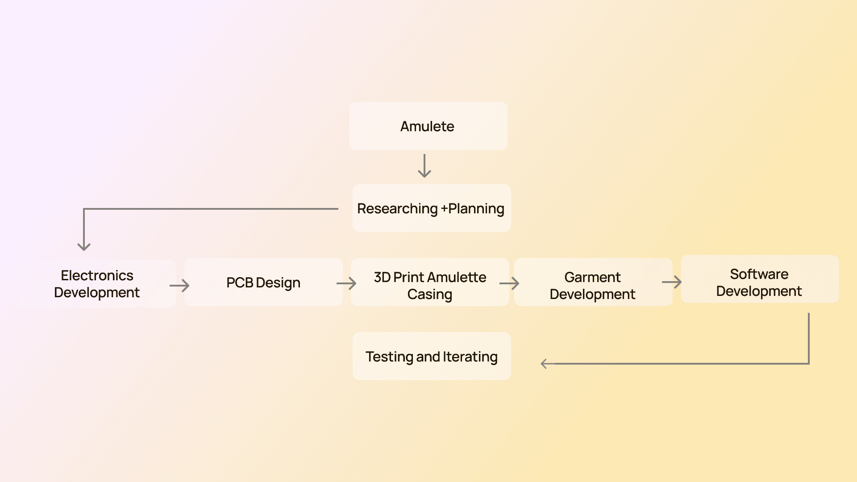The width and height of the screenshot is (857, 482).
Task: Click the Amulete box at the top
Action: (428, 126)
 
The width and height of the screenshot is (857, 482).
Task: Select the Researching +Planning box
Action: (431, 208)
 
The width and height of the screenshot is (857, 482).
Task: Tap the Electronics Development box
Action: (97, 284)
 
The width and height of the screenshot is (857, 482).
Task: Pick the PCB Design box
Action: (263, 283)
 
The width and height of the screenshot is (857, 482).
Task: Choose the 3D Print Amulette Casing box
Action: (429, 285)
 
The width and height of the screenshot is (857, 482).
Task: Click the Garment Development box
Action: (592, 285)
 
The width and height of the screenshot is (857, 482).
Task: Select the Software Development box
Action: (759, 282)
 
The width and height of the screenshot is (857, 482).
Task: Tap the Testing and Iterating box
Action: (431, 357)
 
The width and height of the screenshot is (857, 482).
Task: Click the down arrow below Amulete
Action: (424, 166)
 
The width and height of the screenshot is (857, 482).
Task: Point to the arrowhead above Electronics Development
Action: (84, 246)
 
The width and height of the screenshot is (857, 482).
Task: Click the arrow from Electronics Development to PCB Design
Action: (180, 286)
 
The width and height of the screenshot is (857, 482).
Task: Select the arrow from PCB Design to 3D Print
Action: (346, 283)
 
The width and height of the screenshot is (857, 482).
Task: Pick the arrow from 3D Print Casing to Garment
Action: (510, 283)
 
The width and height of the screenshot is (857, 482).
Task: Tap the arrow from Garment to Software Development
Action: (672, 282)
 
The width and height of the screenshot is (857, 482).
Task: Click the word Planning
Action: (476, 209)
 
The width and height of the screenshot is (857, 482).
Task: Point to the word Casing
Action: (429, 295)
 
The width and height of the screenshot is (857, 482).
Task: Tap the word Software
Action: (759, 274)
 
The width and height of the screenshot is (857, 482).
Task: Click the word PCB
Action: (240, 283)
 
